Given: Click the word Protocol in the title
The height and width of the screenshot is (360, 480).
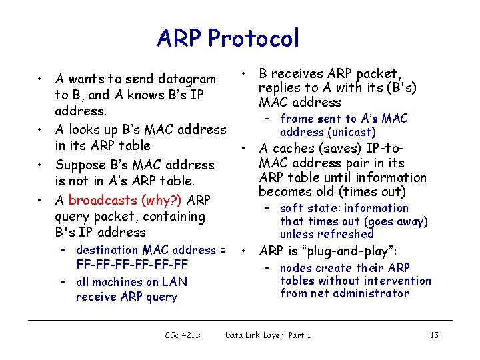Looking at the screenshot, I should (253, 38).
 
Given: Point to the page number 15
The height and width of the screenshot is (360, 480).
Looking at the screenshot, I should (434, 335).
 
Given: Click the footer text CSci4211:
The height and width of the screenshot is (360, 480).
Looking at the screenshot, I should (183, 335).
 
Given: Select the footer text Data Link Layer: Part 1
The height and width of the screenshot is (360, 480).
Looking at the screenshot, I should (268, 335).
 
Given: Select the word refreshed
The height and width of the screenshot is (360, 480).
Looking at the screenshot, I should (346, 234).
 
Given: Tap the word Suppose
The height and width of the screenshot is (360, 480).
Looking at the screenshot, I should (80, 165).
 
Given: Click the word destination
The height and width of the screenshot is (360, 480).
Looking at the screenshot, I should (113, 250).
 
